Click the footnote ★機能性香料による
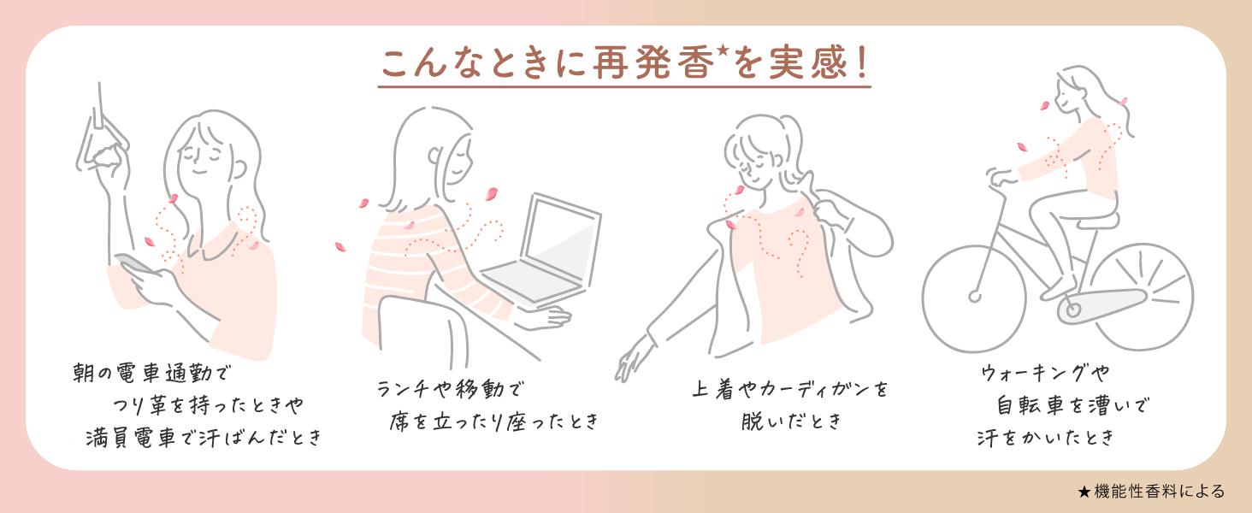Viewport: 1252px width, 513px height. [x=1151, y=492]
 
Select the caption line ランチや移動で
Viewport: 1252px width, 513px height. [x=448, y=389]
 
